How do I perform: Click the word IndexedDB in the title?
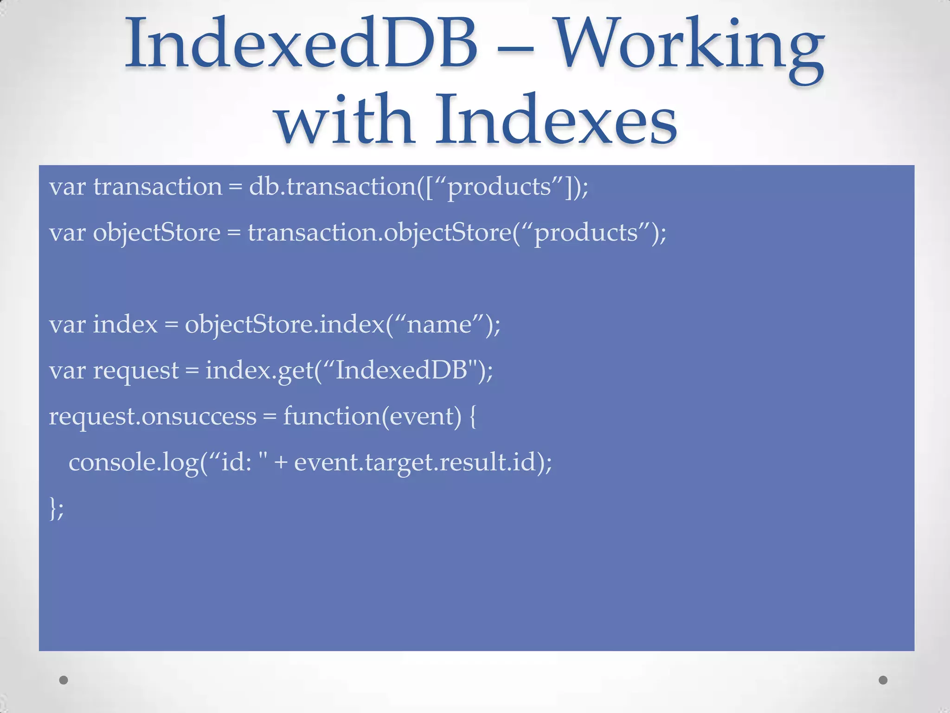[x=301, y=44]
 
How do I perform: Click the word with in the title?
[x=345, y=120]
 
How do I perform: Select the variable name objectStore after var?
[x=156, y=233]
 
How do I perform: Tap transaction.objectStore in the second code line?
[x=379, y=233]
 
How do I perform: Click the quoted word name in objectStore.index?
[x=439, y=325]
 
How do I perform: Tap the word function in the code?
[x=332, y=416]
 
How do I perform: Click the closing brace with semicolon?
[x=56, y=508]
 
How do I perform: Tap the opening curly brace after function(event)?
[x=473, y=416]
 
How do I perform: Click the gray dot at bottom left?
[x=64, y=680]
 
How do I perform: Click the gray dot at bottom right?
[x=883, y=680]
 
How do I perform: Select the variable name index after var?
[x=125, y=324]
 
